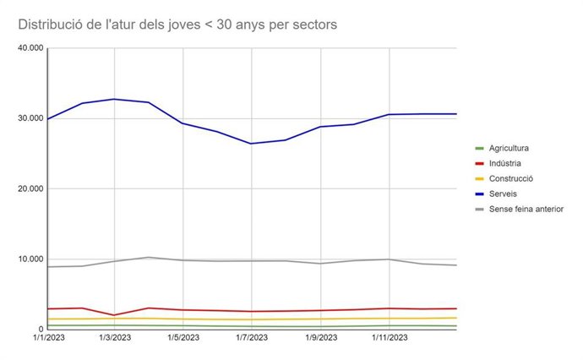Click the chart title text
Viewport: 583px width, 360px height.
pos(177,25)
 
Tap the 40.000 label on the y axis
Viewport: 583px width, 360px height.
pos(30,48)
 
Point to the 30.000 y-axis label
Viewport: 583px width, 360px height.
pos(30,118)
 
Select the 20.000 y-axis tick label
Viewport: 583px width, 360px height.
pos(30,188)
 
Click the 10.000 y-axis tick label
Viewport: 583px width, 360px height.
pos(30,259)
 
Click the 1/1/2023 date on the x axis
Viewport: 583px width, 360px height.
pos(48,340)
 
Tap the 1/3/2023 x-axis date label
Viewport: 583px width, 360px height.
pos(115,340)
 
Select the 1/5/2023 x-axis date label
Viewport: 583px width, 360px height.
pos(183,340)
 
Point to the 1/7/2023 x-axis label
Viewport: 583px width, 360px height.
pos(252,340)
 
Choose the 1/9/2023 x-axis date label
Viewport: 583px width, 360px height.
pos(321,340)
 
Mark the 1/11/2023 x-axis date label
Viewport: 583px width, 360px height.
pos(389,340)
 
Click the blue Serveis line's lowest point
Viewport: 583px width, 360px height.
pos(251,144)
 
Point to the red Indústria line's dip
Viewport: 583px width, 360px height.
pos(115,315)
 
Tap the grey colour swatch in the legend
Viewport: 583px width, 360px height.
pos(479,209)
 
